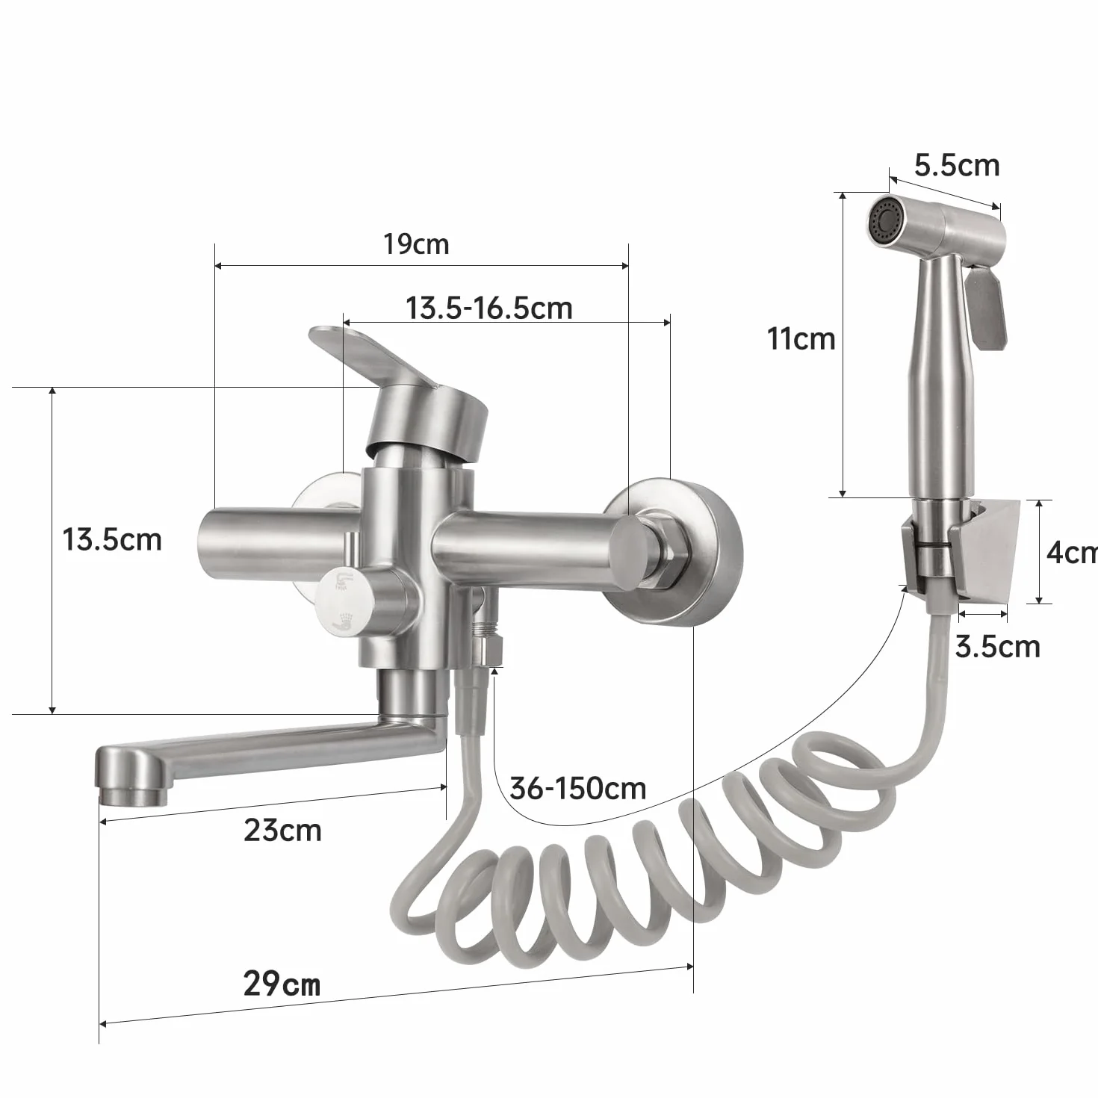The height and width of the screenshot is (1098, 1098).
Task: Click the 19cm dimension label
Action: pos(416,244)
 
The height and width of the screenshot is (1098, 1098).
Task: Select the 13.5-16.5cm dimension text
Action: pos(489,308)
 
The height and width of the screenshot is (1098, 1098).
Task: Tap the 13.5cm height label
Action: pos(112,539)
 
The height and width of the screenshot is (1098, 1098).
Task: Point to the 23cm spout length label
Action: pos(282,830)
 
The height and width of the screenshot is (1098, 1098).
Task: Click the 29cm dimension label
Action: pos(282,984)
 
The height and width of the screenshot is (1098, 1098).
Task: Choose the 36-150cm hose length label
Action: pos(578,789)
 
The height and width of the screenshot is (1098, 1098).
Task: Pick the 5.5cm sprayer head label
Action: pos(958,166)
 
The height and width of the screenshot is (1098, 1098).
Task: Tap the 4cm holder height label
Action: pos(1072,552)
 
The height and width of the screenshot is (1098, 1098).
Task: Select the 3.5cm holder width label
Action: pos(998,647)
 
